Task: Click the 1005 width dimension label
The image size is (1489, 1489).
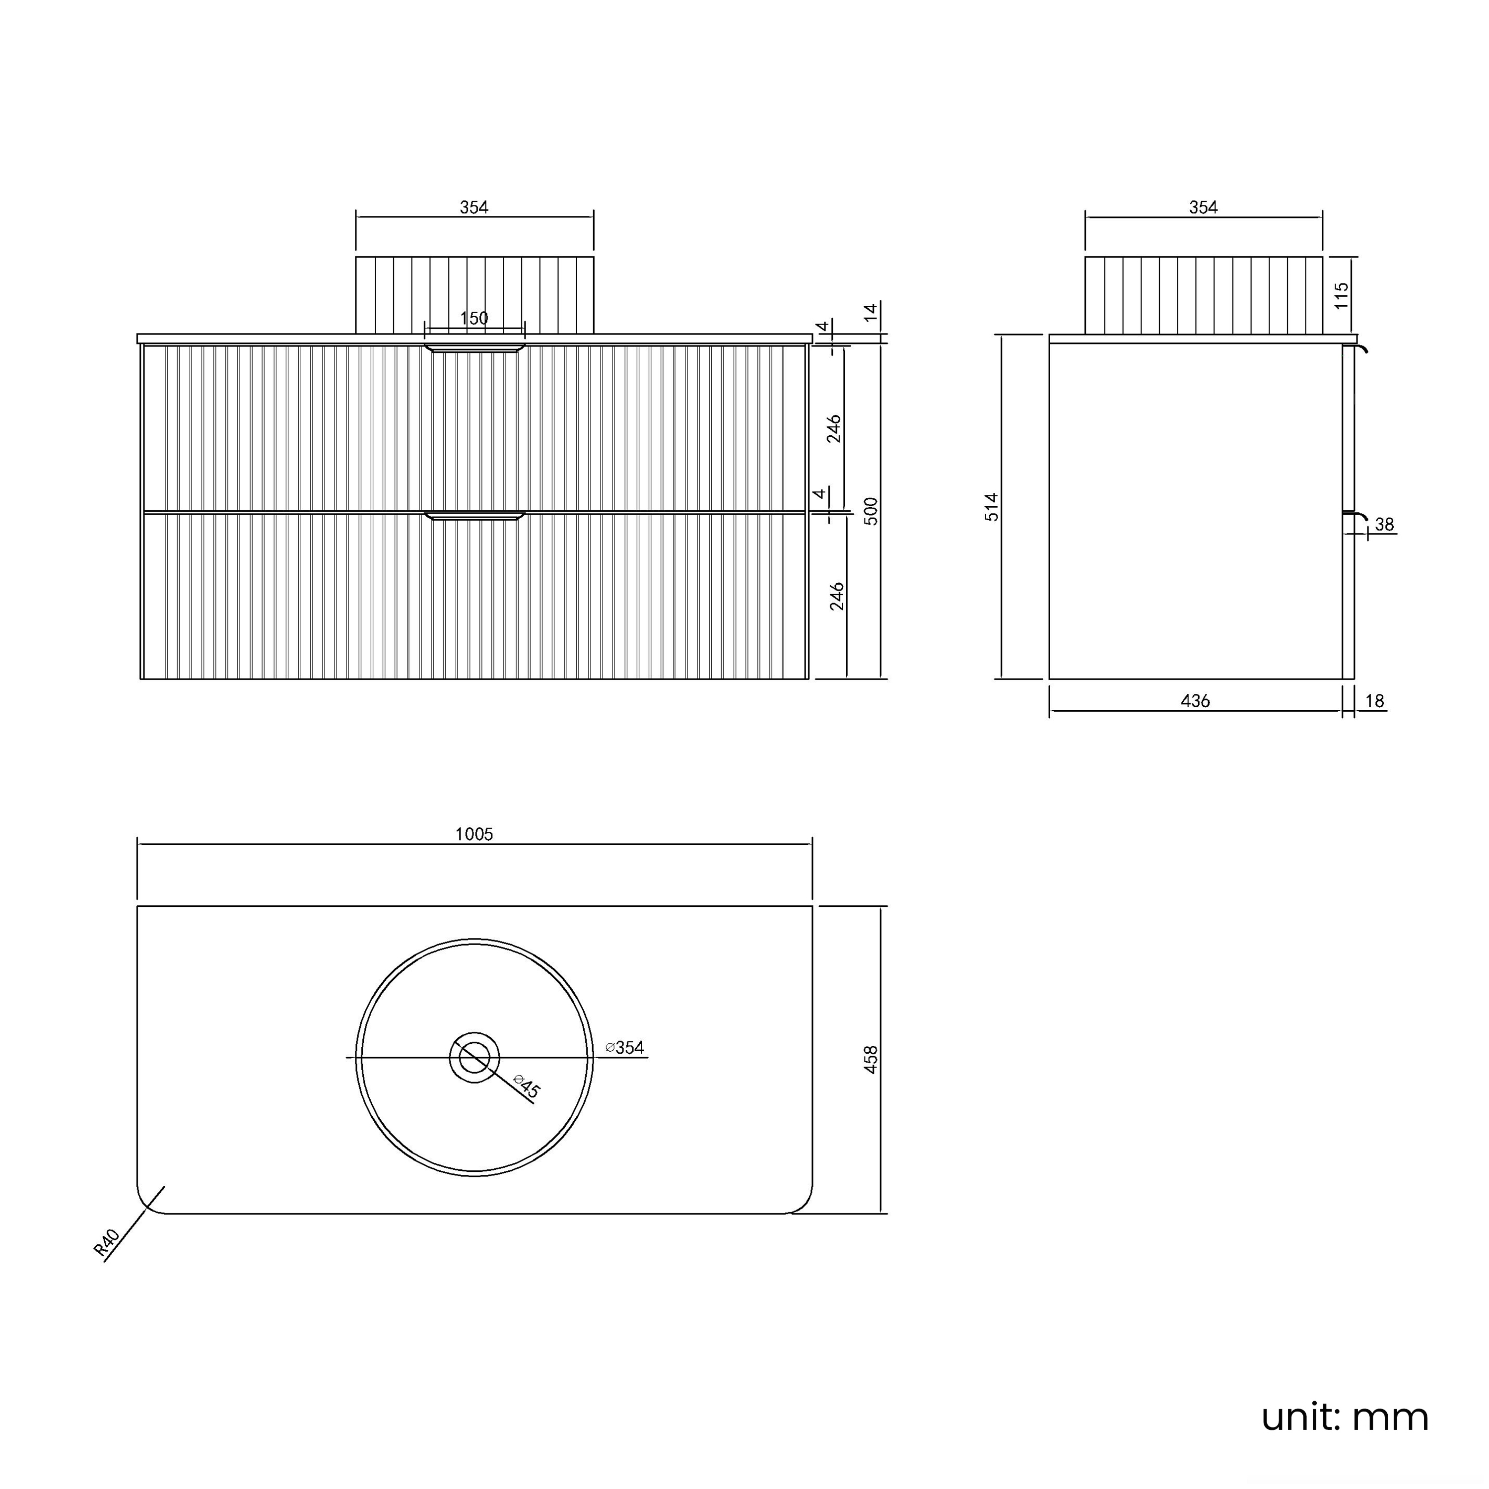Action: (474, 834)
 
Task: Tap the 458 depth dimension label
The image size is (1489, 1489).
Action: (871, 1059)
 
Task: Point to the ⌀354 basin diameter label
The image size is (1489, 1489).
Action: (625, 1047)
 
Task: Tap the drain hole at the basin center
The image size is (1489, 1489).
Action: (475, 1057)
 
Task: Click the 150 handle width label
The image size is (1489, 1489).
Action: (474, 318)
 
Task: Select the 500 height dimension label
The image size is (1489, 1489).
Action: (871, 511)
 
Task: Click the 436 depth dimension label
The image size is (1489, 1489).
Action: (1195, 700)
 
